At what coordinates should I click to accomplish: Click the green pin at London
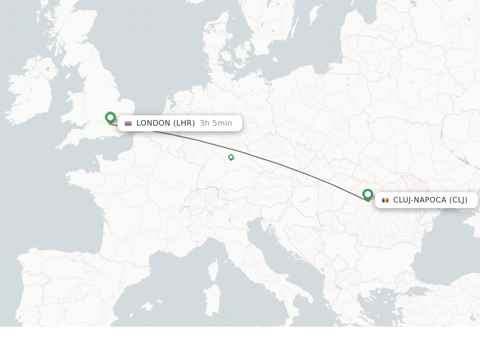click(111, 117)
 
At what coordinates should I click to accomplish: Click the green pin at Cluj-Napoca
click(367, 194)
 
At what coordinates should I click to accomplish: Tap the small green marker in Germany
click(231, 157)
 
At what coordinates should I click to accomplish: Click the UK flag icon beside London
click(128, 123)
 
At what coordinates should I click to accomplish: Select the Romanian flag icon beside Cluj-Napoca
click(385, 200)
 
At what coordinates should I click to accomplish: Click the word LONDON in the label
click(153, 123)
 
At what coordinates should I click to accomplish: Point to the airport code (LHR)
click(184, 123)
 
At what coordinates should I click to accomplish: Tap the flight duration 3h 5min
click(216, 123)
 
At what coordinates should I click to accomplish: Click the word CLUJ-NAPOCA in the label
click(420, 200)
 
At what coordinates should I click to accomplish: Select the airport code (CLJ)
click(458, 200)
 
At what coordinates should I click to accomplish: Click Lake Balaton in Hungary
click(305, 200)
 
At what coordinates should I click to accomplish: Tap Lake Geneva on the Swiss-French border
click(186, 206)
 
